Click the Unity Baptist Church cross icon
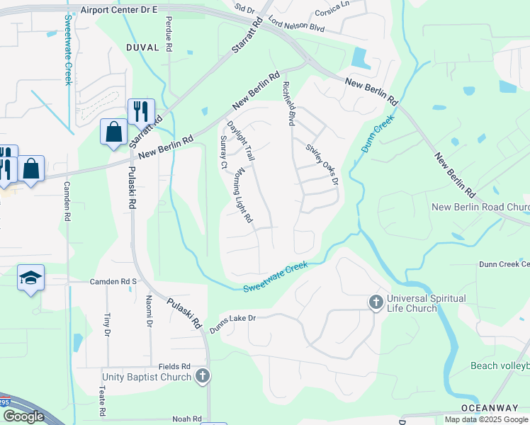[x=203, y=376]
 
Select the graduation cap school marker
[x=31, y=278]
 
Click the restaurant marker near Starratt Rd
[x=141, y=112]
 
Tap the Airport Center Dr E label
[x=118, y=10]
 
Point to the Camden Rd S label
[x=113, y=281]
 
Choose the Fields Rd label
[x=175, y=366]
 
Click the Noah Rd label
[x=186, y=419]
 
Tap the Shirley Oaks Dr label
[x=322, y=165]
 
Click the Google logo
[x=23, y=416]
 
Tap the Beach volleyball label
[x=500, y=365]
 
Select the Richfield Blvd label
[x=288, y=103]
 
